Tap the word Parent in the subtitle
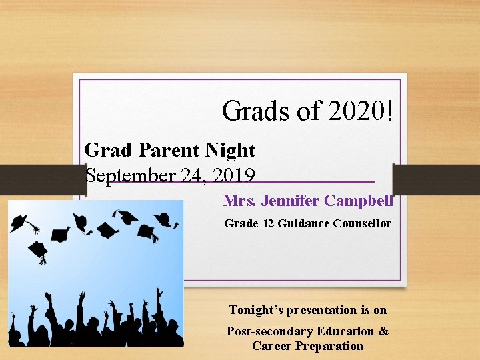[x=162, y=151]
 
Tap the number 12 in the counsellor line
[x=268, y=223]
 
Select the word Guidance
[x=301, y=223]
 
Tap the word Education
[x=347, y=331]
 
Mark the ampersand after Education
[x=383, y=331]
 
